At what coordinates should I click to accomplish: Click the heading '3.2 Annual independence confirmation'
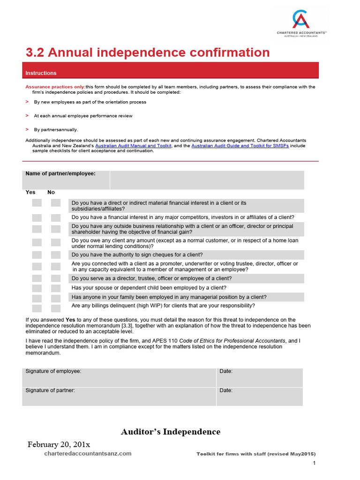(x=147, y=52)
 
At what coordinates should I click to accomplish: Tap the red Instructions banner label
(x=41, y=73)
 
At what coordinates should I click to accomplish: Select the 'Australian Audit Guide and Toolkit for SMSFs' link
(x=240, y=146)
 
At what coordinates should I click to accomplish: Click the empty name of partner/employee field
(x=207, y=180)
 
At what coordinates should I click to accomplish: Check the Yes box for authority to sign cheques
(x=37, y=255)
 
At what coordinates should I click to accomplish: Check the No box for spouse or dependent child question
(x=56, y=288)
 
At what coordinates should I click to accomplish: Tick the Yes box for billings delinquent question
(x=37, y=308)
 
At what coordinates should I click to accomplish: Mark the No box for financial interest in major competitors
(x=56, y=217)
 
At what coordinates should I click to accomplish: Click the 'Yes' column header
(x=30, y=192)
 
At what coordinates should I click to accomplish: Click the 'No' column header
(x=51, y=192)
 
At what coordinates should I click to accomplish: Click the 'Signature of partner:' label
(x=50, y=390)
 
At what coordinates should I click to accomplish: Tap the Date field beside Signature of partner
(x=259, y=396)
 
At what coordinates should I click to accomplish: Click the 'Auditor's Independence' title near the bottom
(x=171, y=432)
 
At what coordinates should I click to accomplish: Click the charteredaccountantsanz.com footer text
(x=88, y=453)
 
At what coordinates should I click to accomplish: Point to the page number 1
(x=314, y=464)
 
